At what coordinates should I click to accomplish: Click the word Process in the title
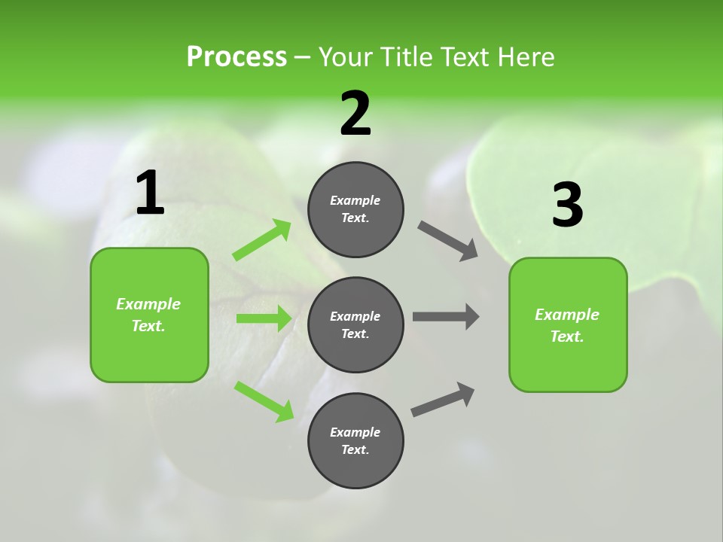tap(236, 57)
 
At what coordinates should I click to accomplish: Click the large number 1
tap(150, 193)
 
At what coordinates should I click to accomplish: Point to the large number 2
tap(355, 114)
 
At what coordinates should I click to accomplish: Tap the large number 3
tap(567, 205)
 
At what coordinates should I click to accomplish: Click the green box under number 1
tap(149, 315)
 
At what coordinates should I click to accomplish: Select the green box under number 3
tap(568, 324)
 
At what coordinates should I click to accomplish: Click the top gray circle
tap(355, 209)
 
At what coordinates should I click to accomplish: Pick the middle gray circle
tap(355, 324)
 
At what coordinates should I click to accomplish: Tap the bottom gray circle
tap(355, 440)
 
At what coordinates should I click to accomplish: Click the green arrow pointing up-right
tap(262, 240)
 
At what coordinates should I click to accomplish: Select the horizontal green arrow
tap(264, 318)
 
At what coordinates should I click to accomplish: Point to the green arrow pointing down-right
tap(264, 401)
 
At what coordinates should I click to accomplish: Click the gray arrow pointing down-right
tap(448, 241)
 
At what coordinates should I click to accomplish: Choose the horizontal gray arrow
tap(446, 317)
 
